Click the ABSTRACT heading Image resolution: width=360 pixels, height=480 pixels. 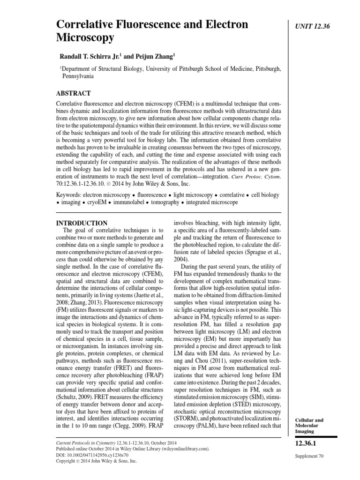tap(73, 93)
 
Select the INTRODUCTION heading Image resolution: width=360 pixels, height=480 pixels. tap(82, 223)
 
